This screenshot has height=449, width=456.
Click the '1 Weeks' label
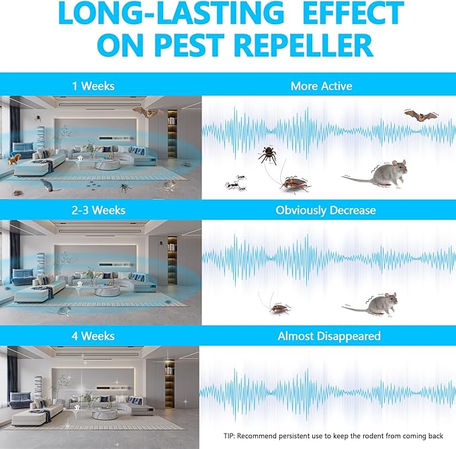tap(93, 86)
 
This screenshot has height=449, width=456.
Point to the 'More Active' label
tap(322, 86)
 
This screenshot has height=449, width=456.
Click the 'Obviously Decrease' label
tap(326, 210)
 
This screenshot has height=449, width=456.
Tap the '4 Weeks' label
tap(93, 335)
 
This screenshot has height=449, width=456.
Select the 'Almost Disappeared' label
tap(328, 335)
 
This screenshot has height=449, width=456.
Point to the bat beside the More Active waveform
tap(420, 116)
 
